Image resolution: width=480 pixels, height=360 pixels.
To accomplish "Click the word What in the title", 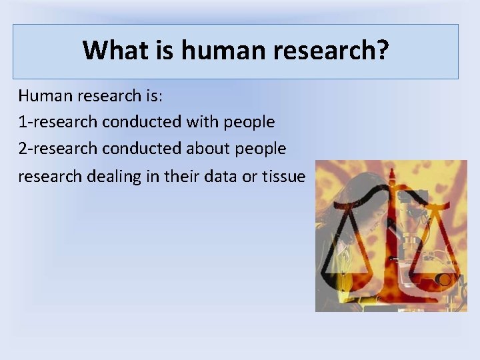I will (x=109, y=50).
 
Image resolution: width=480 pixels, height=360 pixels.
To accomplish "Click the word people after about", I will (x=261, y=149).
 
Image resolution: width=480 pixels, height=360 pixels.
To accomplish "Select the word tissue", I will (x=283, y=176).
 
